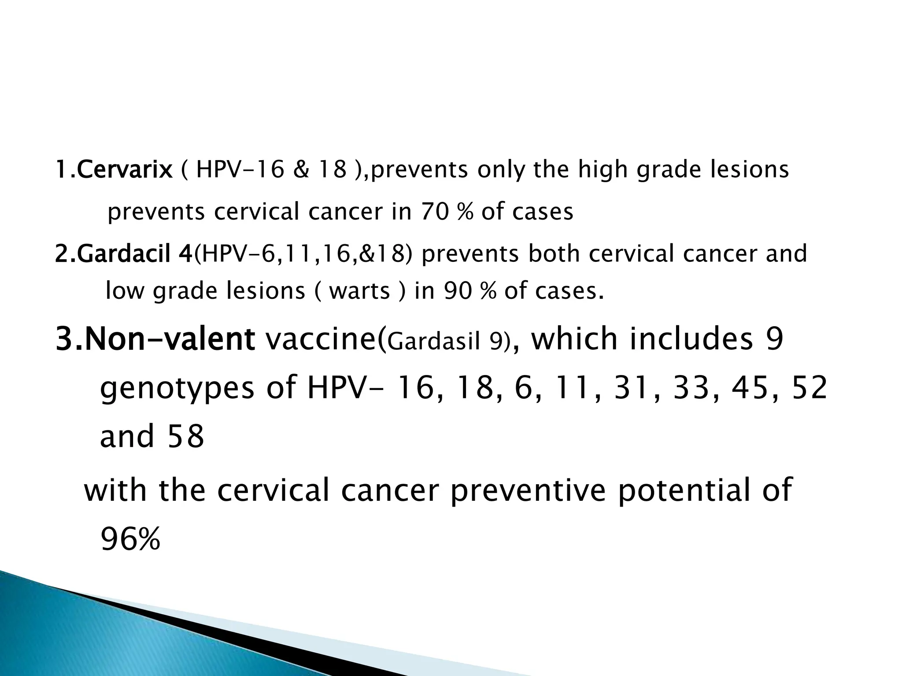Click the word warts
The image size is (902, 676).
(359, 291)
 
